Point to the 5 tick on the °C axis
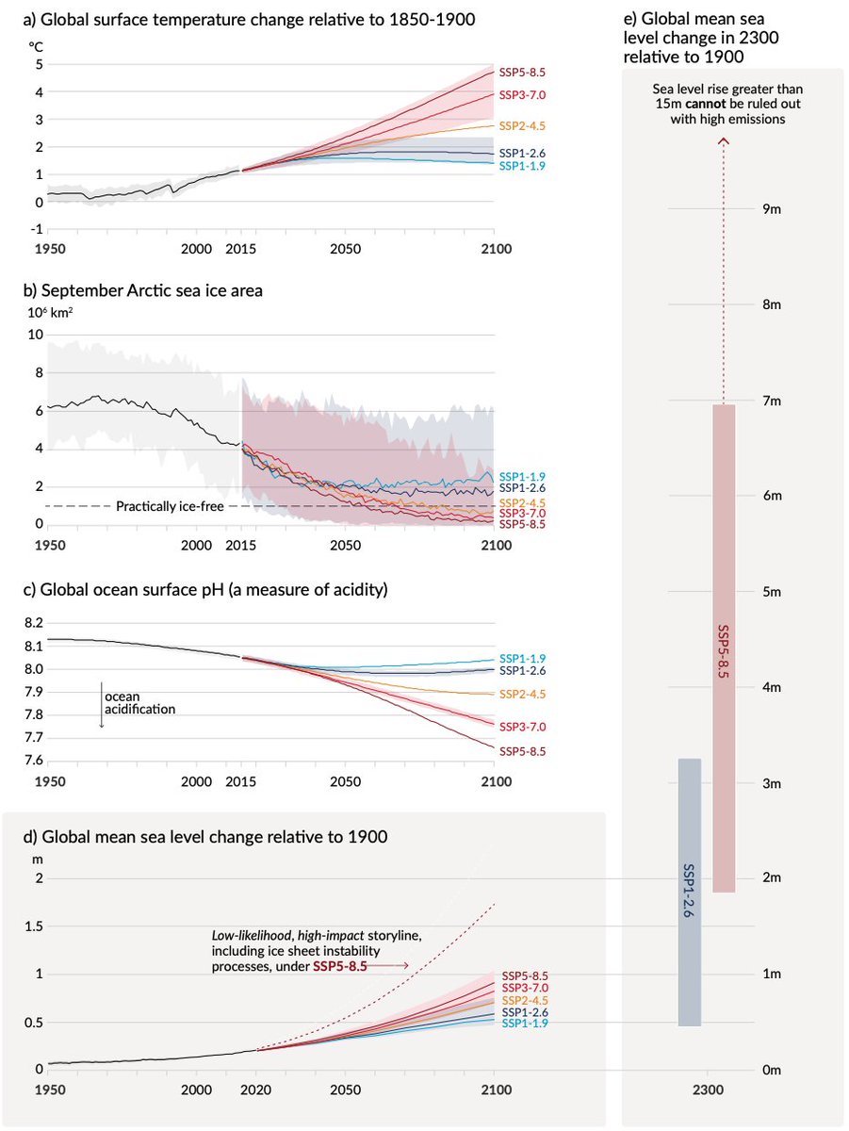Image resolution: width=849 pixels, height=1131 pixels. pyautogui.click(x=39, y=65)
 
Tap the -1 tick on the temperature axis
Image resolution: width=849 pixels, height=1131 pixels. pyautogui.click(x=37, y=229)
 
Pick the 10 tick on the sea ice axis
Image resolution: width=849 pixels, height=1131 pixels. pyautogui.click(x=37, y=335)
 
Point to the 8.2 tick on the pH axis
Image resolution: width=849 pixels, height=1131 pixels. pyautogui.click(x=33, y=623)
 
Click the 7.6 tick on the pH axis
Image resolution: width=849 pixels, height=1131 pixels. pyautogui.click(x=33, y=762)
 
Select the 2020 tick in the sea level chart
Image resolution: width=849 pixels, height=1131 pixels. pyautogui.click(x=255, y=1090)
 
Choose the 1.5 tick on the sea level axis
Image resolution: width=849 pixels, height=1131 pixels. pyautogui.click(x=34, y=926)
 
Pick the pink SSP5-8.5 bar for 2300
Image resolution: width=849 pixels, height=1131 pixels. pyautogui.click(x=723, y=647)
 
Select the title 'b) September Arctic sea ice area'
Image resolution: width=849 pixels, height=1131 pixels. pyautogui.click(x=155, y=291)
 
